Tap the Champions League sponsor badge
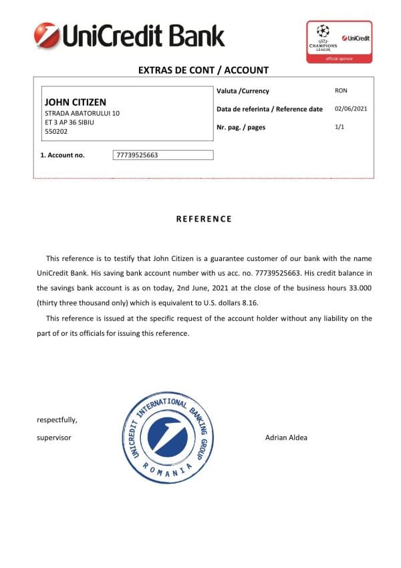(x=338, y=41)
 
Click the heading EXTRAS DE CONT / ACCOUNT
(x=203, y=70)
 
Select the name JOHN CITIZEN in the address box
(x=75, y=102)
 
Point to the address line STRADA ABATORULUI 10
(x=82, y=114)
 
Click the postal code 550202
(x=56, y=132)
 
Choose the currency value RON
(x=341, y=90)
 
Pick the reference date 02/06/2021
(x=350, y=108)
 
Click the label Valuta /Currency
(x=243, y=91)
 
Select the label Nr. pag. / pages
(x=241, y=127)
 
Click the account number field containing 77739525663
(x=164, y=155)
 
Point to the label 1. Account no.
(x=63, y=155)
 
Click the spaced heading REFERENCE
(x=204, y=219)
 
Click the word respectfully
(x=57, y=420)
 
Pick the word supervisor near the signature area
(x=54, y=438)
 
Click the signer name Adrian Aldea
(x=286, y=438)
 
